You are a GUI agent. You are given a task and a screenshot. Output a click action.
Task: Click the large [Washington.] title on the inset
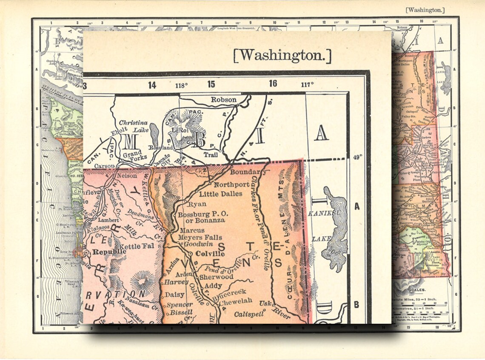[282, 55]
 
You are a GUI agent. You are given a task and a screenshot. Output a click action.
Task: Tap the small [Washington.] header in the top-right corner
[425, 10]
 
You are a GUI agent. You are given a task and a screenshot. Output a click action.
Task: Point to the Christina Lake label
[133, 126]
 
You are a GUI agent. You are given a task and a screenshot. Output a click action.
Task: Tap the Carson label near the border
[104, 166]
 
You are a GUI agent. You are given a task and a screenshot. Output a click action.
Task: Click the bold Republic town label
[110, 251]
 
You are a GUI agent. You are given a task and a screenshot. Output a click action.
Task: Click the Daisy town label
[174, 294]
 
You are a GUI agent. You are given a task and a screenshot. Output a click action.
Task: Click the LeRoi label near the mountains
[180, 130]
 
